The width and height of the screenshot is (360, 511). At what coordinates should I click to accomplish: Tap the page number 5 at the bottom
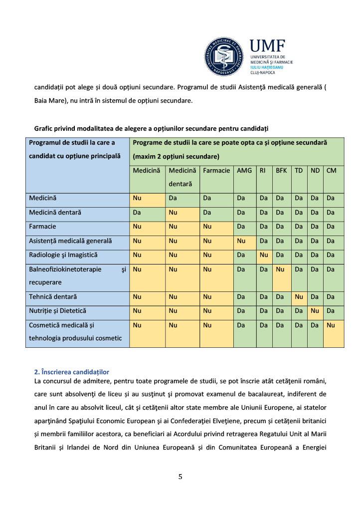tap(180, 477)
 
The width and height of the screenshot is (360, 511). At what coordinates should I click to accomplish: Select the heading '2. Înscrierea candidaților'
tap(71, 372)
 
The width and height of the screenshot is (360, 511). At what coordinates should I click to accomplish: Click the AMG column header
tap(244, 171)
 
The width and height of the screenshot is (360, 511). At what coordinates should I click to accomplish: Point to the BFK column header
tap(281, 171)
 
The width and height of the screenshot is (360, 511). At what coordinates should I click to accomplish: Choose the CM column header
tap(332, 171)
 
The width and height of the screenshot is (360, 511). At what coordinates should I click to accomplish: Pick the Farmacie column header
tap(216, 171)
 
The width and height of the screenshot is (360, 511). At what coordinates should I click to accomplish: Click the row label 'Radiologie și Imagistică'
tap(63, 255)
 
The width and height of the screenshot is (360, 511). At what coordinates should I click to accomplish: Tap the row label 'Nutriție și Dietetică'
tap(57, 311)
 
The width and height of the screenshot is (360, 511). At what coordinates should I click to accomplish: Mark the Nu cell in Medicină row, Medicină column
tap(137, 198)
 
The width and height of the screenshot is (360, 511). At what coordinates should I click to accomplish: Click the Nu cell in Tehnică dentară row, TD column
tap(299, 297)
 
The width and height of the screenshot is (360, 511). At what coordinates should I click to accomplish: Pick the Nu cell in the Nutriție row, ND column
tap(315, 311)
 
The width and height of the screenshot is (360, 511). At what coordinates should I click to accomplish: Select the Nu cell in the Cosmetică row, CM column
tap(331, 325)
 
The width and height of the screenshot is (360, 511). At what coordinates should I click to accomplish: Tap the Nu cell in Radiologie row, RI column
tap(264, 255)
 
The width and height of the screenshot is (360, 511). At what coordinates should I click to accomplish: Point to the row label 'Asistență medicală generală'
tap(70, 241)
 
